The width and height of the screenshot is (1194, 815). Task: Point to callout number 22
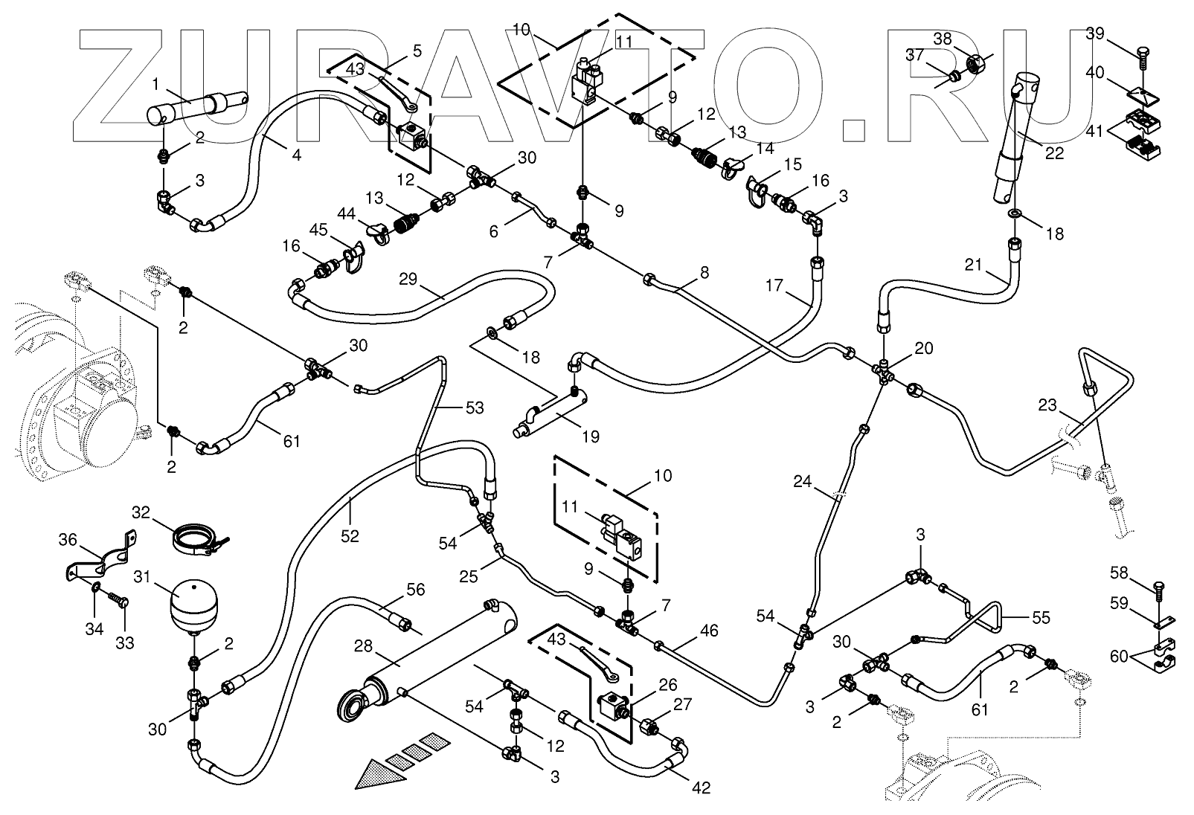click(x=1054, y=154)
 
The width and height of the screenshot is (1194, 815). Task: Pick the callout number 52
click(x=350, y=535)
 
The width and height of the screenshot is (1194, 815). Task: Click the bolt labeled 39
click(x=1143, y=54)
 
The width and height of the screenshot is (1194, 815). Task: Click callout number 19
click(x=590, y=437)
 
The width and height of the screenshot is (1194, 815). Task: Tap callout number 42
click(x=701, y=788)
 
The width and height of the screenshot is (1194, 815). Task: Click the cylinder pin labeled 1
click(x=197, y=109)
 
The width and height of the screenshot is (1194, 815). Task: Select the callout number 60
click(x=1119, y=656)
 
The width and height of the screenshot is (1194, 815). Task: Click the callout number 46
click(x=709, y=631)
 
